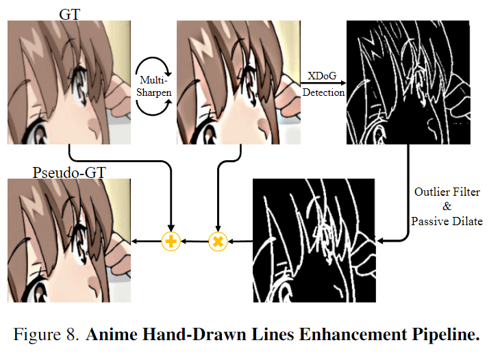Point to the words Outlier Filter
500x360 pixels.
447,192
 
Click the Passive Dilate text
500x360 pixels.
447,221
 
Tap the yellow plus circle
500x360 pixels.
170,241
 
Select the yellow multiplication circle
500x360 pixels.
217,241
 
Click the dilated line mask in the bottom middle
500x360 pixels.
314,240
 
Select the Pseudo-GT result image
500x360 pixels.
68,240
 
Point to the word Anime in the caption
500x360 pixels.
108,336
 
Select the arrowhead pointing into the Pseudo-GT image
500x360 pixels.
134,241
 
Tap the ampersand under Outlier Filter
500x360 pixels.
447,207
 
